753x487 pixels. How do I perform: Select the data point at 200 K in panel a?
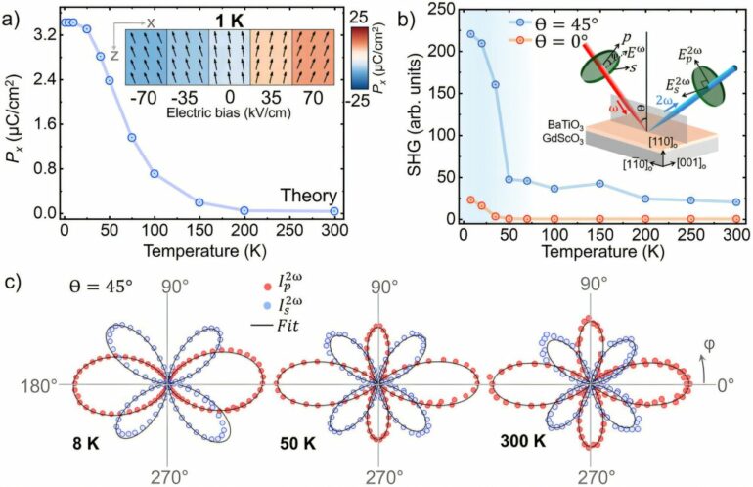pyautogui.click(x=244, y=210)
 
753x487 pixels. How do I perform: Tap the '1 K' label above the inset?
pyautogui.click(x=230, y=19)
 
